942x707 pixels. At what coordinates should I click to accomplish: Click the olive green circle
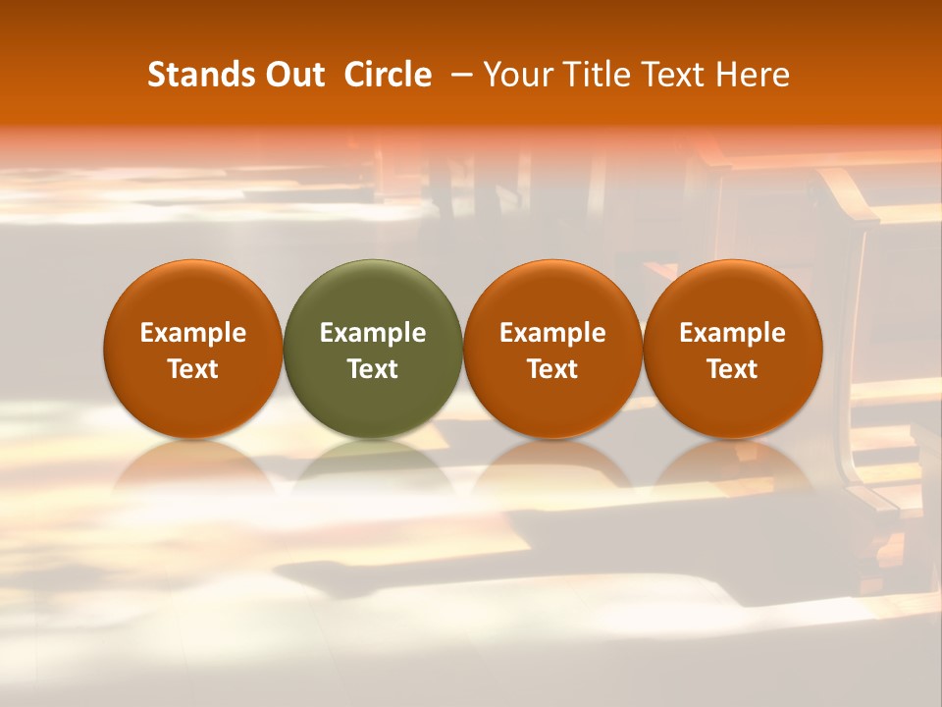373,295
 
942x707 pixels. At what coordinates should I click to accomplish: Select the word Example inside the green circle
373,333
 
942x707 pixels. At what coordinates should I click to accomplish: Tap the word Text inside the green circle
373,369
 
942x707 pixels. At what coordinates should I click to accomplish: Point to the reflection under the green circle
373,466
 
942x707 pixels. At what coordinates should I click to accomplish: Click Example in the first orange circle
193,333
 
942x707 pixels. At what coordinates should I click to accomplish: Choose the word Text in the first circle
193,369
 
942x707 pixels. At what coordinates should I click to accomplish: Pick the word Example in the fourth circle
733,333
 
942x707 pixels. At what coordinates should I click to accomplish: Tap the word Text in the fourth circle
733,369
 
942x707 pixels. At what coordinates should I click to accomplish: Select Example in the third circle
552,333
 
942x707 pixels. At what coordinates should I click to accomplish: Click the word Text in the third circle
552,369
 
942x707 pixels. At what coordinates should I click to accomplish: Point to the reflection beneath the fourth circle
733,466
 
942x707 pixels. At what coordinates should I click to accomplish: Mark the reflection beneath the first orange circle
193,466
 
